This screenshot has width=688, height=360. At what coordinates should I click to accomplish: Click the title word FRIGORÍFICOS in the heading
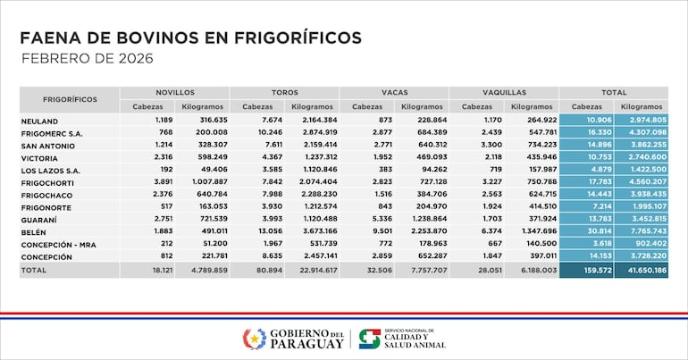click(x=289, y=38)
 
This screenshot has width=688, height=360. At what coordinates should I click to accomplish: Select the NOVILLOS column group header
click(x=174, y=92)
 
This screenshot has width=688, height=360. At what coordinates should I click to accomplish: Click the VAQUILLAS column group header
click(x=504, y=92)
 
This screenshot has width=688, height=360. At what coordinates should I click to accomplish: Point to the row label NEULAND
click(x=39, y=121)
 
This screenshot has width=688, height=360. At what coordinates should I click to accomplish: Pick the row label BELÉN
click(x=33, y=230)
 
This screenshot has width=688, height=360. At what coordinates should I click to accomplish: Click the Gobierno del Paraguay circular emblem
click(x=255, y=339)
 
